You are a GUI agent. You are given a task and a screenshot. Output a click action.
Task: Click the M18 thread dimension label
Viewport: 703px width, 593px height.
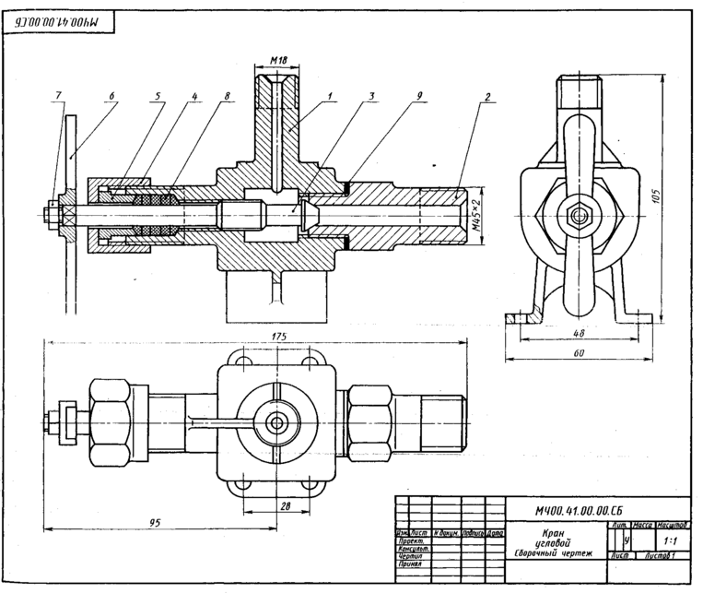[279, 62]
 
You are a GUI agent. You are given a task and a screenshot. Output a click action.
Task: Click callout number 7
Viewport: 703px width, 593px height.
[59, 96]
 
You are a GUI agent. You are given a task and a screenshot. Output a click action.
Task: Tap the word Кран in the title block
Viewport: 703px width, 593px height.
[555, 533]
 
